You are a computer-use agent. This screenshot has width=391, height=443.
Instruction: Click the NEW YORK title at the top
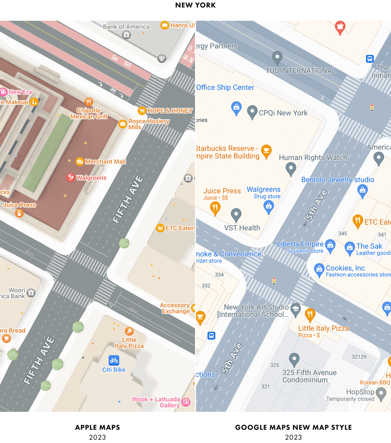pos(195,5)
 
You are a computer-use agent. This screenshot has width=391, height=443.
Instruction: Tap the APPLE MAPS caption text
pos(97,427)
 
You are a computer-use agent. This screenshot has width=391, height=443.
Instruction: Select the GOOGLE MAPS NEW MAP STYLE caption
pos(293,427)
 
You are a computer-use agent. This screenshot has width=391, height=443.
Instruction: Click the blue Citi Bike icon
pos(114,360)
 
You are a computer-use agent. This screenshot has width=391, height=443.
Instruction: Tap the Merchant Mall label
pos(105,161)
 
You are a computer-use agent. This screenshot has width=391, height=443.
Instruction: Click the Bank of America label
pos(126,27)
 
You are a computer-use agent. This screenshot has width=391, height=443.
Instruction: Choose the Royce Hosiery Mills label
pos(149,124)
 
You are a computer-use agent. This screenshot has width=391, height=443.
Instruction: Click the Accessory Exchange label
pos(175,308)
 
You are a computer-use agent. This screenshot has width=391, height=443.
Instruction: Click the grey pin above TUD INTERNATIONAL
pos(277,58)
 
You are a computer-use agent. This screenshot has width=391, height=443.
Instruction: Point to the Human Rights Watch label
pos(313,158)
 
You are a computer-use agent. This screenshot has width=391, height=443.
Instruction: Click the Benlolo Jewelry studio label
pos(337,180)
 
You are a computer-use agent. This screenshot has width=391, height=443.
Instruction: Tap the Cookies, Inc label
pos(345,268)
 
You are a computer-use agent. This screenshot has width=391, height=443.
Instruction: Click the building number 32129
pos(359,357)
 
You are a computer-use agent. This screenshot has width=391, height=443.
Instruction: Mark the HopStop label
pos(360,392)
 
